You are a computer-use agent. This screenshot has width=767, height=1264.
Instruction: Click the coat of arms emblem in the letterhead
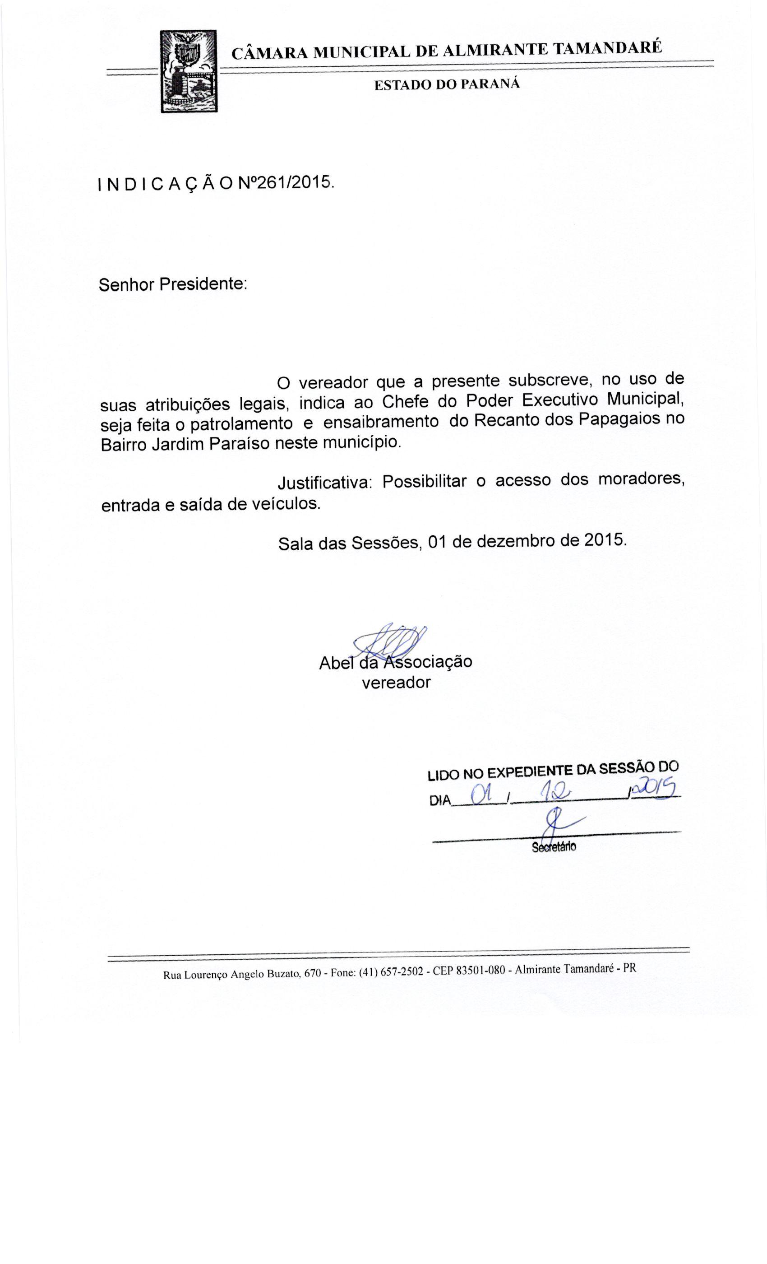pos(188,71)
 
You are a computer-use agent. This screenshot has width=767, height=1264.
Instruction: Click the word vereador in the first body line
pos(333,382)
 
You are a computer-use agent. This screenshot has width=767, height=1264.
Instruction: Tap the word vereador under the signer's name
pos(396,683)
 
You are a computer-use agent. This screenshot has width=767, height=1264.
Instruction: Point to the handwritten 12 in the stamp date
pos(556,793)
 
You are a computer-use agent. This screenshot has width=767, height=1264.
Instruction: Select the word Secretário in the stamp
pos(554,847)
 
